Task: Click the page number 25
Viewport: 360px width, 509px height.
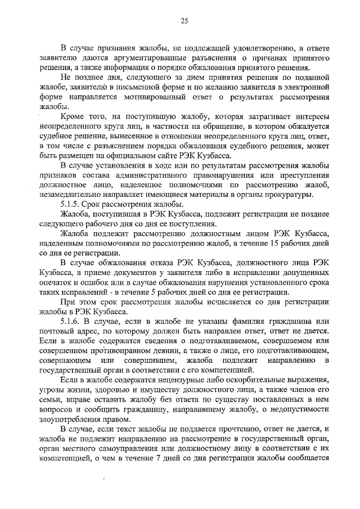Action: pos(183,21)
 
